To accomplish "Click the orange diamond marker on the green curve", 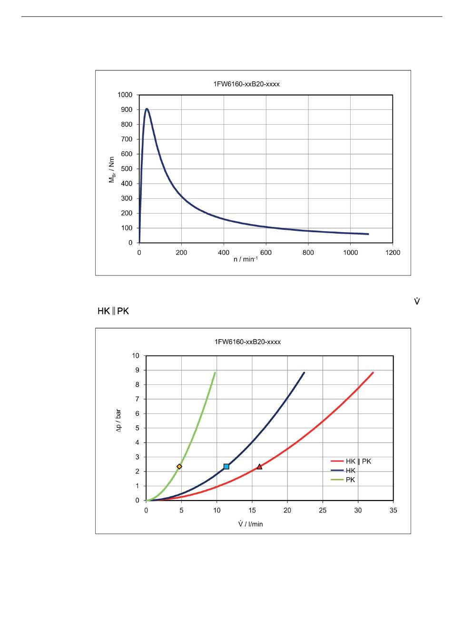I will [179, 466].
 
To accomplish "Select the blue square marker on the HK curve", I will [226, 466].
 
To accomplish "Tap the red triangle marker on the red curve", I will [259, 467].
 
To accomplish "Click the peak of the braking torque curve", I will [147, 109].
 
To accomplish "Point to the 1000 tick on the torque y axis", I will [125, 95].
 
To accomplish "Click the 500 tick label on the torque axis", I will [127, 169].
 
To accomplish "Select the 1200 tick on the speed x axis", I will [393, 253].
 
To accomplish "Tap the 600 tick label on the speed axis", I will [266, 253].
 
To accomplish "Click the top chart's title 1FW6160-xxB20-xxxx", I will [246, 84].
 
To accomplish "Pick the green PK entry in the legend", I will [351, 480].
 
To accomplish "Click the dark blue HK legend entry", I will [351, 471].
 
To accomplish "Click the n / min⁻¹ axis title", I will [246, 260].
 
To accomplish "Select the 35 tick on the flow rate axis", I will [393, 511].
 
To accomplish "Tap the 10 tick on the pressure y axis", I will [136, 355].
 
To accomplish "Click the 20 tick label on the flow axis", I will [287, 511].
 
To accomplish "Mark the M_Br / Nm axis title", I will [112, 170].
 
